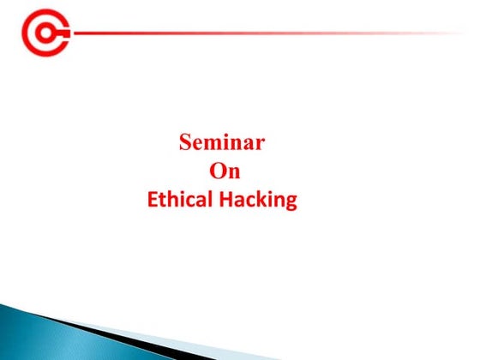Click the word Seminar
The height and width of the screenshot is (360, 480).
click(x=222, y=142)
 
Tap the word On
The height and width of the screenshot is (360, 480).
click(x=225, y=171)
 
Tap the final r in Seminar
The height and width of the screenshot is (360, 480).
click(x=260, y=144)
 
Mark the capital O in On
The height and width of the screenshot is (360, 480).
click(x=218, y=171)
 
